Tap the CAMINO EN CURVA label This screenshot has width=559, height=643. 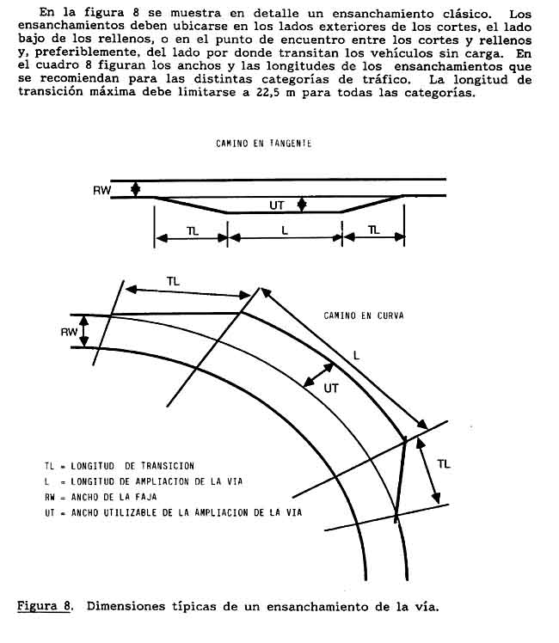point(364,316)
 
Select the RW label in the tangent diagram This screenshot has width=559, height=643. point(101,190)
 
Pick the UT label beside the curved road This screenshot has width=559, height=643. point(331,389)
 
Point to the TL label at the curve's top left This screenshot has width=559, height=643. point(173,280)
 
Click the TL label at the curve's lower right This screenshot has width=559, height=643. point(443,464)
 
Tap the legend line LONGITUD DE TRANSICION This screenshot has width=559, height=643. point(120,465)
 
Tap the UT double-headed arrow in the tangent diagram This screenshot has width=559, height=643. point(301,205)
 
